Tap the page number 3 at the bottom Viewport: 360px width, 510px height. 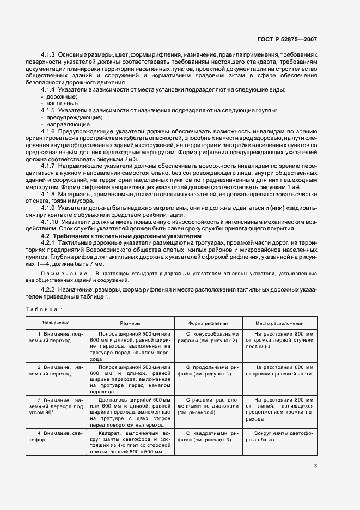[x=315, y=466]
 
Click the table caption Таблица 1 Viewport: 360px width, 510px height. [x=44, y=309]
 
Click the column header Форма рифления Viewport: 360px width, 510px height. [x=208, y=323]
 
